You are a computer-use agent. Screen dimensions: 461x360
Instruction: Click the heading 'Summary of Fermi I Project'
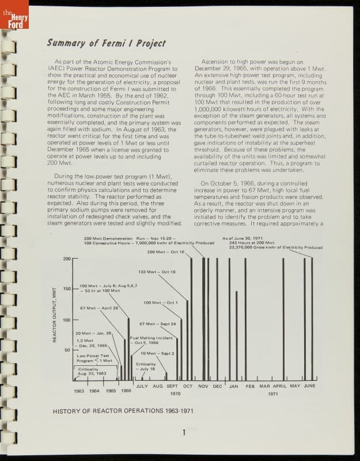coord(106,43)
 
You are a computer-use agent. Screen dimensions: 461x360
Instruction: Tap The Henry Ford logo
coord(17,20)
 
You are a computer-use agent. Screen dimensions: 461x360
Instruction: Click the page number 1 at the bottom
coord(183,433)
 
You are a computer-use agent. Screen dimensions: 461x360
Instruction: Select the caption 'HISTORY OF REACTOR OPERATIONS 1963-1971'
coord(123,411)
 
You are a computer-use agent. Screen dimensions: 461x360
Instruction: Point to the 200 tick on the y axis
coord(66,259)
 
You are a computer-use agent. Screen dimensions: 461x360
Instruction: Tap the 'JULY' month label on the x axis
coord(142,386)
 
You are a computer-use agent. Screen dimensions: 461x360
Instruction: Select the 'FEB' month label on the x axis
coord(250,386)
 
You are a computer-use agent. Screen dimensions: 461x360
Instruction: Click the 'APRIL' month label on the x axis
coord(280,386)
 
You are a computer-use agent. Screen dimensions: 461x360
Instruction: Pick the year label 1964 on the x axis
coord(94,391)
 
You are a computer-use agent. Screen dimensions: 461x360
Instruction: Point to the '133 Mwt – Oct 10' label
coord(157,271)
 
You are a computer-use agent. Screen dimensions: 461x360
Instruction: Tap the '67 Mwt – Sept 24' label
coord(157,324)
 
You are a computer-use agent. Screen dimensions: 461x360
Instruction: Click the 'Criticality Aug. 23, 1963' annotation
coord(92,371)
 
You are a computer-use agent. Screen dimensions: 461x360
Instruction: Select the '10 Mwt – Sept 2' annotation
coord(157,353)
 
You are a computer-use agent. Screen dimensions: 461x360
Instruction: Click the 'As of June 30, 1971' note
coord(241,238)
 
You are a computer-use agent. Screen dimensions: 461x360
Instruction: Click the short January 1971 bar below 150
coord(236,334)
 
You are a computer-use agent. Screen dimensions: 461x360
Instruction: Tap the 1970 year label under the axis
coord(175,394)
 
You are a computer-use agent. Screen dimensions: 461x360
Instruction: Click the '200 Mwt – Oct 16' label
coord(165,252)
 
